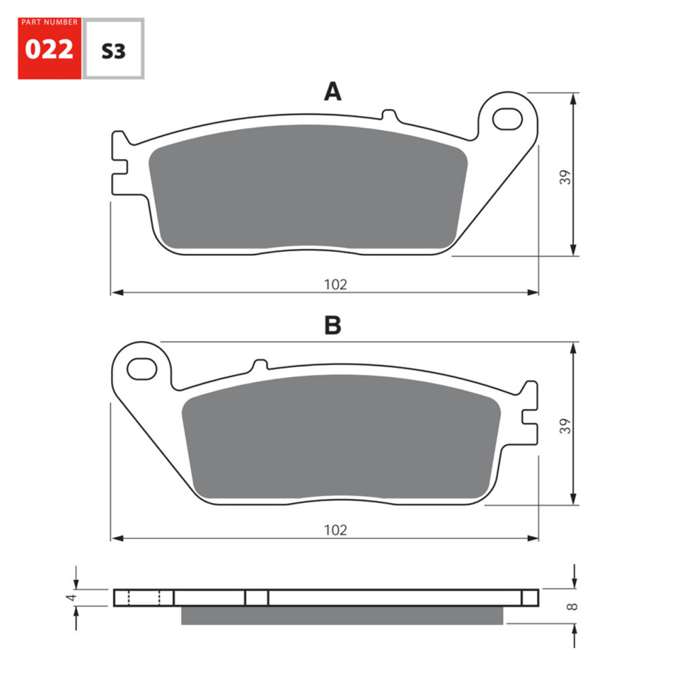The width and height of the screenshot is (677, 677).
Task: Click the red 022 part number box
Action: click(x=49, y=49)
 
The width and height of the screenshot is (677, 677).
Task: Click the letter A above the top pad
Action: click(x=332, y=91)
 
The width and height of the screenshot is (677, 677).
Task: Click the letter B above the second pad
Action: click(x=332, y=326)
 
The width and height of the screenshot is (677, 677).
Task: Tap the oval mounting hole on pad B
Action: click(x=141, y=369)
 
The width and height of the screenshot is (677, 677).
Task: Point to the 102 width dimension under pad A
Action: click(x=335, y=284)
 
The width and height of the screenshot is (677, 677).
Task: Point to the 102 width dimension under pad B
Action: click(x=335, y=530)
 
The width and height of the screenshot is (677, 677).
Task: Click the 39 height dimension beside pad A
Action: click(x=566, y=177)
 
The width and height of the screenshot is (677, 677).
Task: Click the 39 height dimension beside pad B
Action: click(x=566, y=425)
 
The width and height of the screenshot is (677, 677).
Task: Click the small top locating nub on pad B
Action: click(x=259, y=366)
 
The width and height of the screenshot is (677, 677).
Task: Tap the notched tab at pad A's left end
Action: click(x=120, y=162)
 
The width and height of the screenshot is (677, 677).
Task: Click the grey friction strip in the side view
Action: click(x=342, y=614)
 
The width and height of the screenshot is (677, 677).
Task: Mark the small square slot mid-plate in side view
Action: click(x=257, y=597)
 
